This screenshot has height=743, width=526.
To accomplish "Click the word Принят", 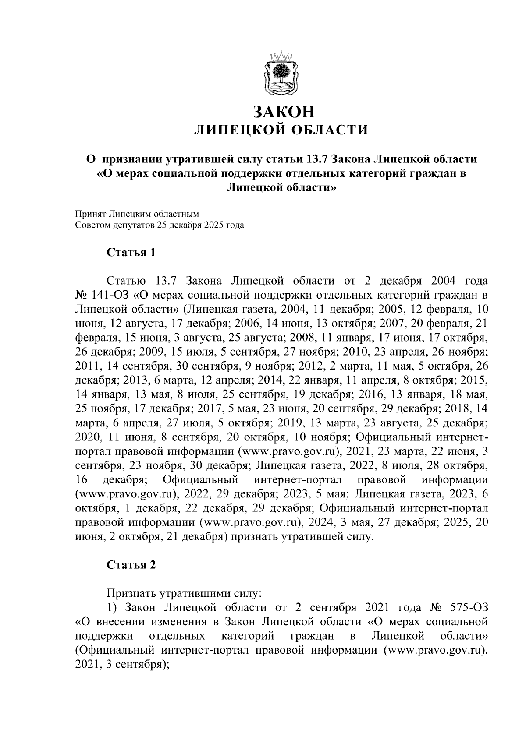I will (90, 214).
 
